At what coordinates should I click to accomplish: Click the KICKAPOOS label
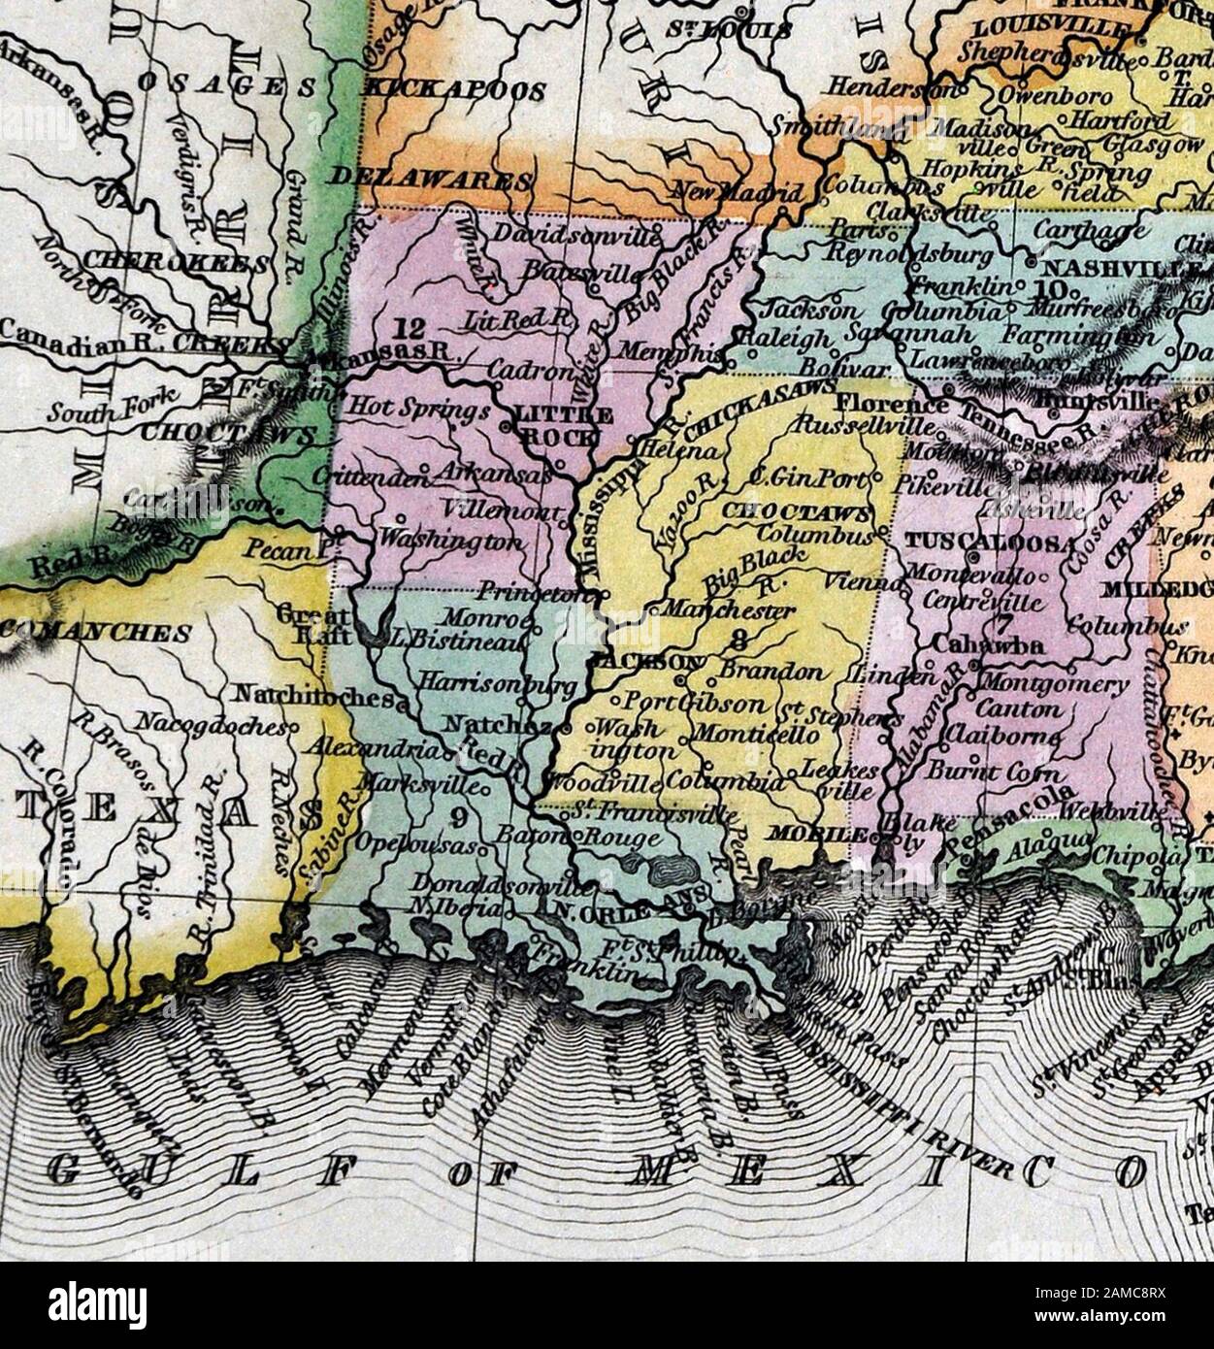pyautogui.click(x=453, y=90)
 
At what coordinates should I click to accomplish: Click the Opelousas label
pyautogui.click(x=415, y=845)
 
